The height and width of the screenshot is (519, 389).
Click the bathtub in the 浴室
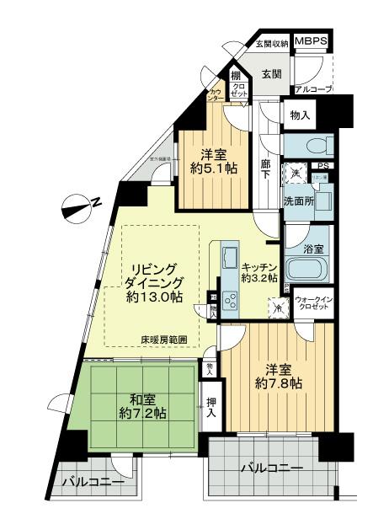click(x=308, y=270)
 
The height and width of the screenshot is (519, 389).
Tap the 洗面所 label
click(x=300, y=202)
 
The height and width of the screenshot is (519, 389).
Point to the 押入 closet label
click(x=210, y=408)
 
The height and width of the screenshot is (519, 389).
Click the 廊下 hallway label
click(x=267, y=168)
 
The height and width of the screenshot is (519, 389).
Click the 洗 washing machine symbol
click(x=296, y=173)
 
